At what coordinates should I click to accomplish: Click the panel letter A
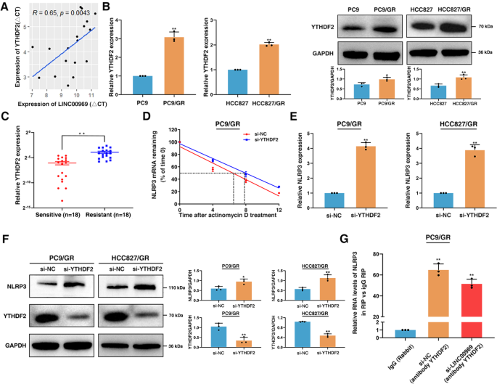click(6, 7)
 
